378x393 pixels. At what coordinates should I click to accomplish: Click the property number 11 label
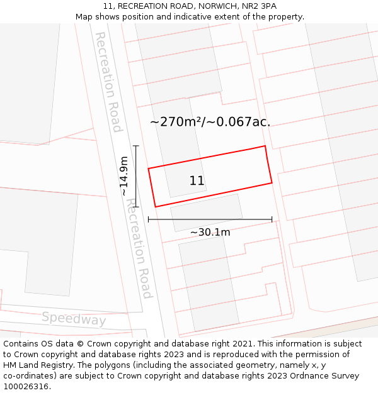(x=197, y=181)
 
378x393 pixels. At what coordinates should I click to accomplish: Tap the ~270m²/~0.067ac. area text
(x=210, y=122)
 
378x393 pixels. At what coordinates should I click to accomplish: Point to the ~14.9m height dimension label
(x=124, y=176)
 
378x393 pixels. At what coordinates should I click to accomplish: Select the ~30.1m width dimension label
(x=210, y=233)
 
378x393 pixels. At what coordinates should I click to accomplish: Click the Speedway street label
(x=74, y=319)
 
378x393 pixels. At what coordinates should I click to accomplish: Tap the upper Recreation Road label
(x=108, y=82)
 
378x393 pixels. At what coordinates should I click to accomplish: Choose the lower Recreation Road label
(x=139, y=248)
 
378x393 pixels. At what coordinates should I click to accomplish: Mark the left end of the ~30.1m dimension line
(x=149, y=219)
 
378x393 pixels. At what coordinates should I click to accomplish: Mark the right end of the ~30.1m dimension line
(x=272, y=219)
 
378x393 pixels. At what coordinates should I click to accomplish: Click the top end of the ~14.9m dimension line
(x=136, y=146)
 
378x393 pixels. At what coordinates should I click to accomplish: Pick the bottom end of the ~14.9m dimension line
(x=136, y=207)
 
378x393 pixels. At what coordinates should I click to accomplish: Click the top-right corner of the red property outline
(x=265, y=147)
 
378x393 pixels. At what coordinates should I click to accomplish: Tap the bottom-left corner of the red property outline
(x=156, y=207)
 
